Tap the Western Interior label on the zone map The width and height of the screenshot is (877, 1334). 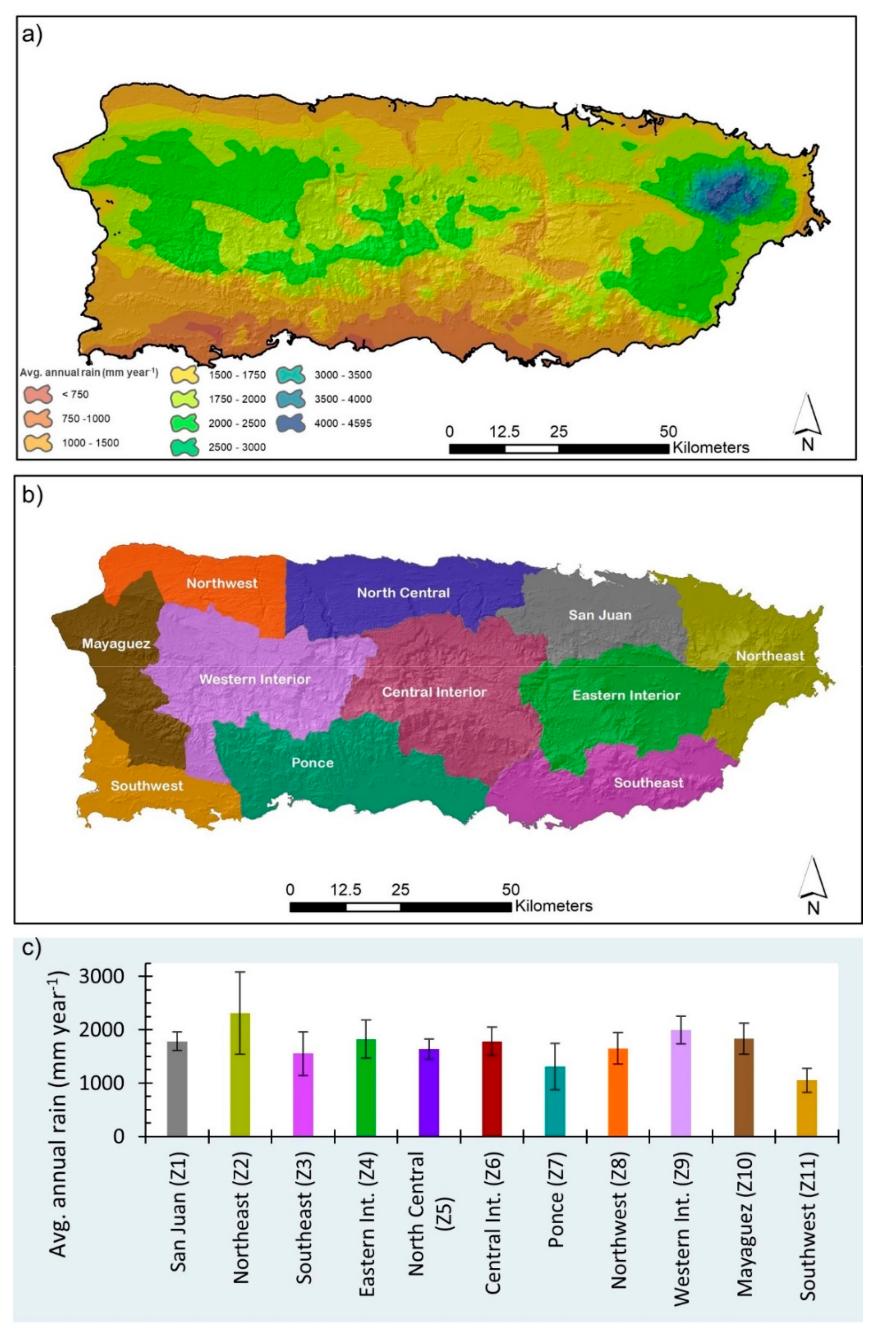click(255, 679)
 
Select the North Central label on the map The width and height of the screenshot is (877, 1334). click(403, 592)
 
